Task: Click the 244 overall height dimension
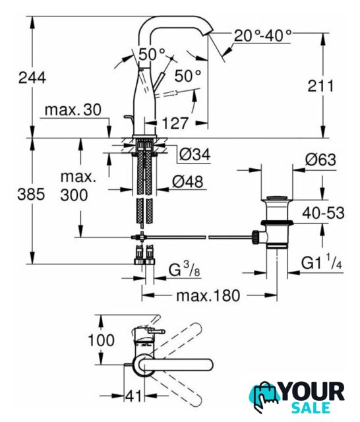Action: (32, 78)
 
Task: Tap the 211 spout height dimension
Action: (320, 86)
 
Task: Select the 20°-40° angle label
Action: (262, 36)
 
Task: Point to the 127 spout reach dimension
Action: (175, 123)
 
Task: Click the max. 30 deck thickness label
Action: (73, 110)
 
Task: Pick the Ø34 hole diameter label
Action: (195, 155)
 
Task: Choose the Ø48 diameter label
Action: (187, 182)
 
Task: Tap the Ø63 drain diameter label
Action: (320, 160)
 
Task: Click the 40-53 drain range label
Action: (323, 214)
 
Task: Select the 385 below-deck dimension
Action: (31, 194)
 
